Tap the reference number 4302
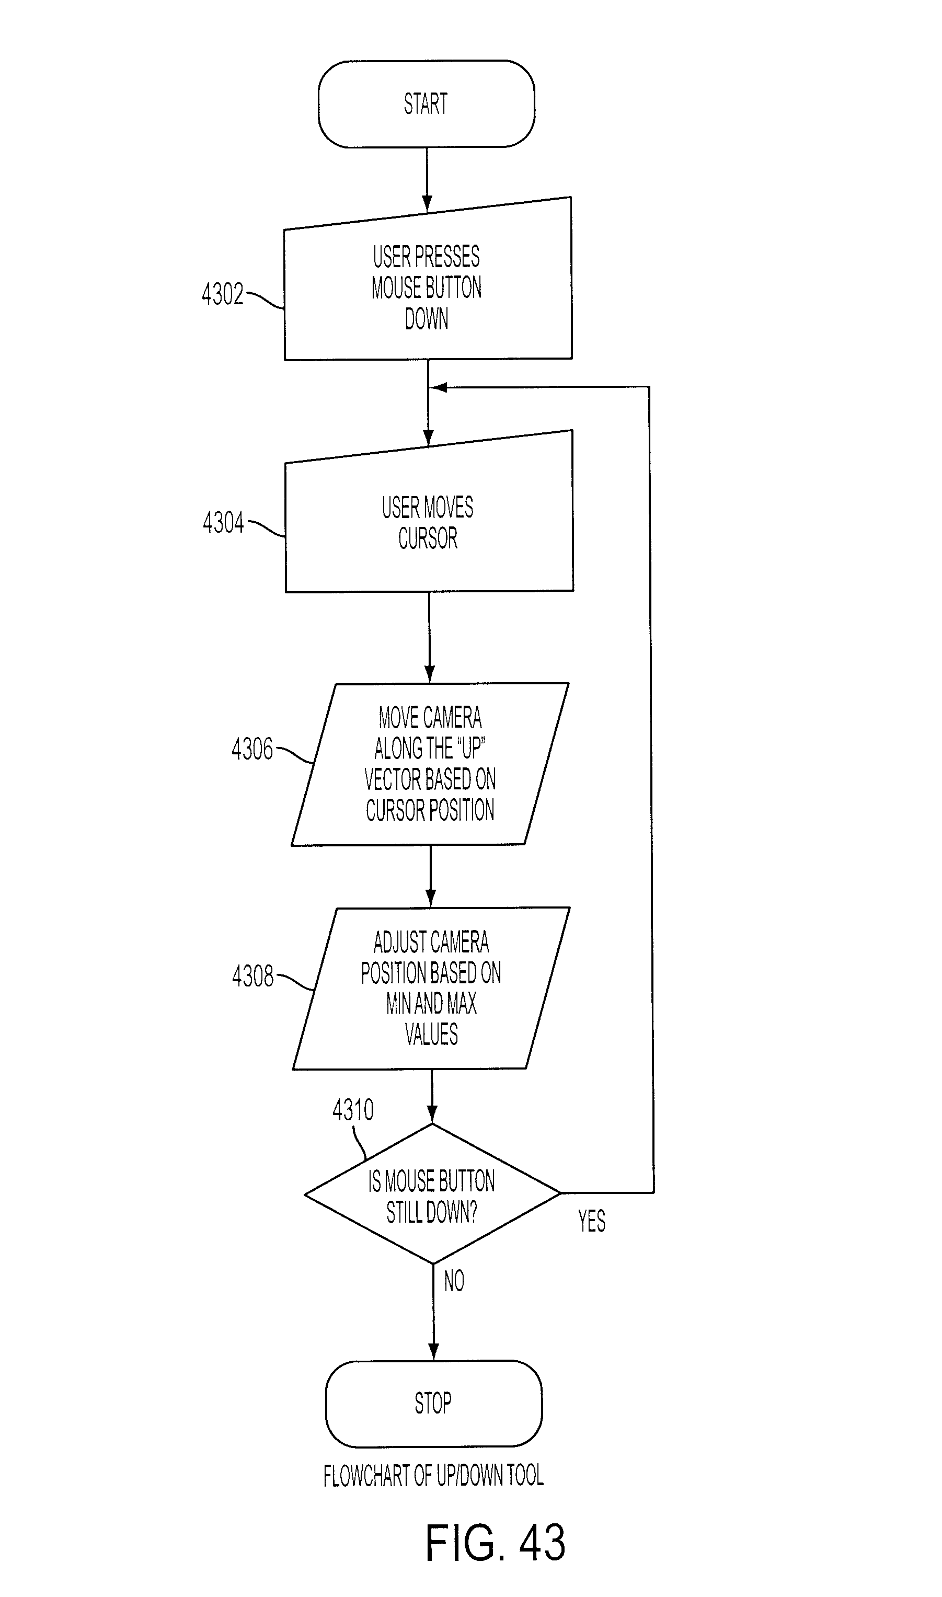pos(222,294)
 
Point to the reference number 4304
pos(223,522)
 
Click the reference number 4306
pos(252,749)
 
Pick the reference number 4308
pos(252,975)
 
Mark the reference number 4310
pos(353,1110)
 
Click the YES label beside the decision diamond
pos(592,1221)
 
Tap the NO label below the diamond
pos(454,1281)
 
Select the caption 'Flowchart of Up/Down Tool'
pos(433,1475)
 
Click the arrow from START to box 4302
pos(427,180)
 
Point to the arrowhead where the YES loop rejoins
pos(438,387)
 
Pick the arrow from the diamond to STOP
pos(433,1312)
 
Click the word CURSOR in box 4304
pos(428,538)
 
